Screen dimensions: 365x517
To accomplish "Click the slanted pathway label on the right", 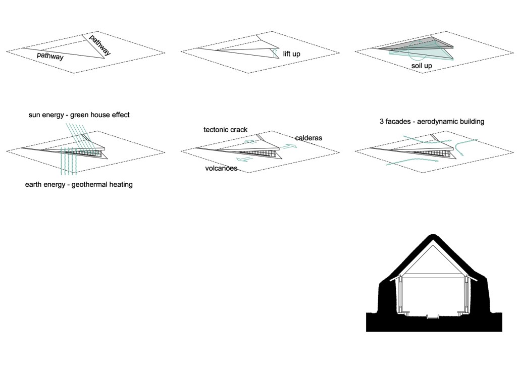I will pos(100,45).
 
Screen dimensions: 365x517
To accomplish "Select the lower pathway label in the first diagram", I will pos(50,57).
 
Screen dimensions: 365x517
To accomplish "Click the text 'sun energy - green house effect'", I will pos(79,115).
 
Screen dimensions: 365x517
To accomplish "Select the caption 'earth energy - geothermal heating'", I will pos(79,185).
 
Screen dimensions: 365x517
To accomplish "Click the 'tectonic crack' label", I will pos(225,130).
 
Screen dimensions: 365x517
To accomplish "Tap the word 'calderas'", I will pos(308,138).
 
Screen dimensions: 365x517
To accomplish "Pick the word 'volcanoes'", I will pos(221,168).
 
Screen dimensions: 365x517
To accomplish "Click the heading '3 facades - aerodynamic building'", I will pos(432,122).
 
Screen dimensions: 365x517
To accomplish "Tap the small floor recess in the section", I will pos(432,317).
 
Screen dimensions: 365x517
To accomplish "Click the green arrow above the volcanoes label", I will pos(244,159).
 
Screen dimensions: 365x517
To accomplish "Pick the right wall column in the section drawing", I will pos(469,295).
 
